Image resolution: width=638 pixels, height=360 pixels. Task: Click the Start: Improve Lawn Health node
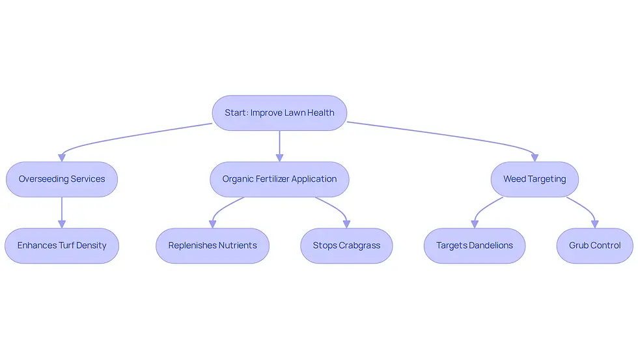pos(279,113)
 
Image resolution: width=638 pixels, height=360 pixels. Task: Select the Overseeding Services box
pos(62,179)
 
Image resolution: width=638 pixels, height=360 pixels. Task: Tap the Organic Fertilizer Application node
pos(279,179)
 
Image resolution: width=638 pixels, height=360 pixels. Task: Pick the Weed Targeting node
pos(534,179)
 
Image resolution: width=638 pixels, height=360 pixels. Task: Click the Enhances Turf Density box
pos(62,245)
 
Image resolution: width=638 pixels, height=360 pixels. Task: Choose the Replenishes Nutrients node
pos(212,245)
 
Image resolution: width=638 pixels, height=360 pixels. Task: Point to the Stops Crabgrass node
pos(346,245)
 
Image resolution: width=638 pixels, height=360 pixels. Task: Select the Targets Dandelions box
pos(475,245)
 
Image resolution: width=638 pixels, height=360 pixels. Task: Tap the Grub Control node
pos(595,245)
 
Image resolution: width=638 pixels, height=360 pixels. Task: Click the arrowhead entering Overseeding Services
pos(62,158)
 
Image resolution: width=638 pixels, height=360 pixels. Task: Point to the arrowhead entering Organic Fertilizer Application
pos(279,158)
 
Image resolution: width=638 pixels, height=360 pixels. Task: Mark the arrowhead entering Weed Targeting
pos(534,158)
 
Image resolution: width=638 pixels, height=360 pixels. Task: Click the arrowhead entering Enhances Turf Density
pos(62,224)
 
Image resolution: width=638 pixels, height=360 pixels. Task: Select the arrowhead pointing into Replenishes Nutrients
pos(212,224)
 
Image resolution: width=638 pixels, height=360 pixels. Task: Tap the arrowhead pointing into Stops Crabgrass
pos(346,224)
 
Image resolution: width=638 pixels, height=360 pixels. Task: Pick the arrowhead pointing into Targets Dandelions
pos(475,224)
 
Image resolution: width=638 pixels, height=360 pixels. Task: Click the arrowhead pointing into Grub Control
pos(595,224)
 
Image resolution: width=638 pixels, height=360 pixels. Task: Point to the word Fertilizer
pos(273,179)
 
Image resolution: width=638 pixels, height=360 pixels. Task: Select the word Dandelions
pos(491,245)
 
